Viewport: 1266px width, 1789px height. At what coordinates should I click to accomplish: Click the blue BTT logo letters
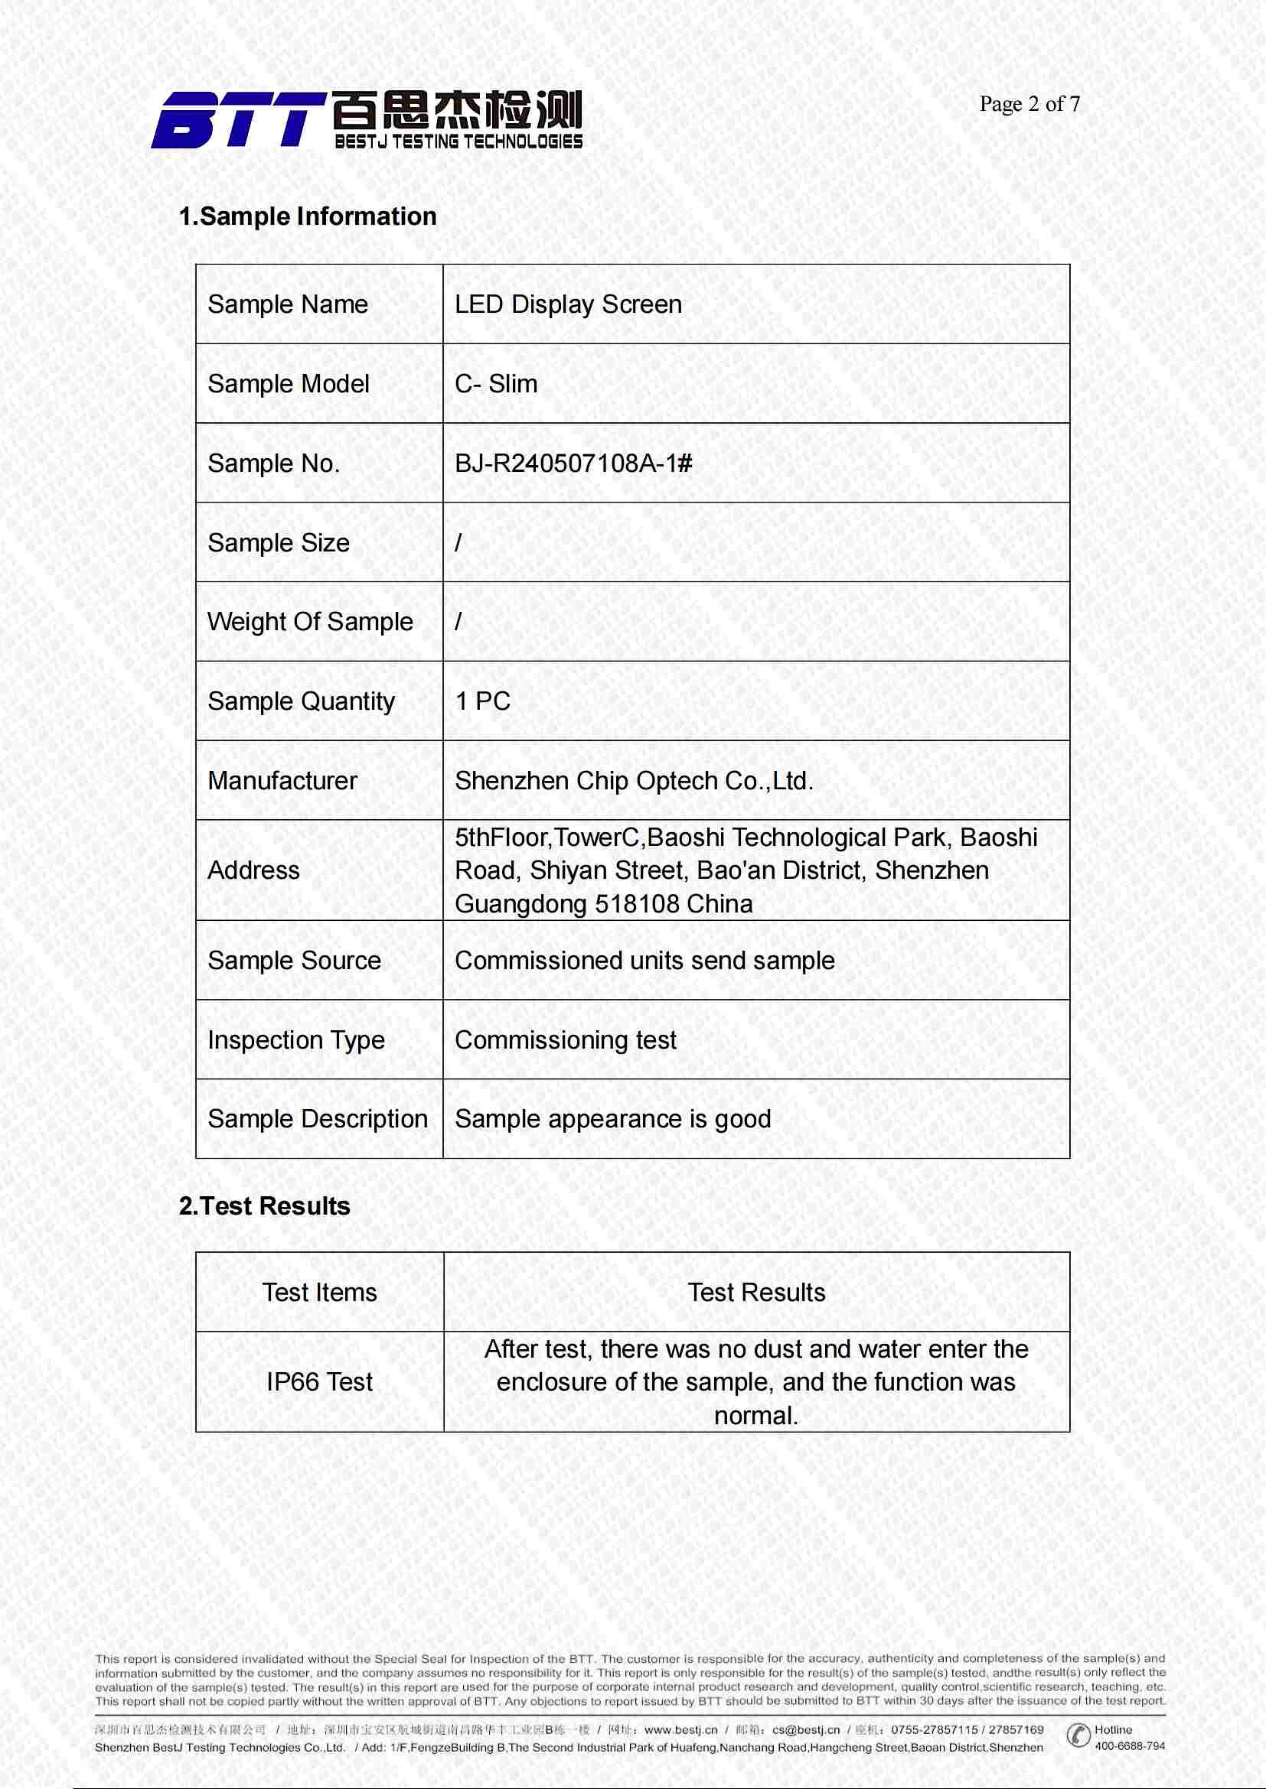click(237, 120)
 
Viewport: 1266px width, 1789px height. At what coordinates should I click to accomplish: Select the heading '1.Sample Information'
click(307, 216)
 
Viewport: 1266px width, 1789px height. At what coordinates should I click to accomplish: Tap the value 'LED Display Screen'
click(567, 304)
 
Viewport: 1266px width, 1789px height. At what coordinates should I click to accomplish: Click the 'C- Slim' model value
click(496, 384)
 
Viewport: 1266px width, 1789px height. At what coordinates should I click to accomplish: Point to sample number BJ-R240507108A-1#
click(573, 464)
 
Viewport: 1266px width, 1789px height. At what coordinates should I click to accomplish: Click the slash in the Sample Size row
click(458, 542)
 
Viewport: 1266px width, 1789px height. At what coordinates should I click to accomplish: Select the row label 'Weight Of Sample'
click(309, 622)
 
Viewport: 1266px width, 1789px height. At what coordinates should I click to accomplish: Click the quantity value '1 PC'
click(482, 701)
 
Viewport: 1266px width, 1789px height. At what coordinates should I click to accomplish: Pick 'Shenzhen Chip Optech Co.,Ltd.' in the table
click(634, 781)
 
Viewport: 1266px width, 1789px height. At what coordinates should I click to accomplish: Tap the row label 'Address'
click(253, 870)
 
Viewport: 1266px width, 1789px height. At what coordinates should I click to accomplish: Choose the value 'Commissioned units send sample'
click(644, 961)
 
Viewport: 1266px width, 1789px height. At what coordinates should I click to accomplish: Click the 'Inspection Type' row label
click(295, 1040)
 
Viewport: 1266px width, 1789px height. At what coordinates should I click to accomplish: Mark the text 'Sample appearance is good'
click(613, 1119)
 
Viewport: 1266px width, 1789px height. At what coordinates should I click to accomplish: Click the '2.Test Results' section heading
click(264, 1206)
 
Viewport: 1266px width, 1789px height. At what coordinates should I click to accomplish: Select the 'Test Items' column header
click(319, 1293)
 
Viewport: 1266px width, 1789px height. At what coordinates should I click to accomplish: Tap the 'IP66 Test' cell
click(319, 1382)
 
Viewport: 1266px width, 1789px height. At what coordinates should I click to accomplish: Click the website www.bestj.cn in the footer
click(680, 1730)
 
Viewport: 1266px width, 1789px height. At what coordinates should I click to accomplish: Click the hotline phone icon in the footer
click(1078, 1735)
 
